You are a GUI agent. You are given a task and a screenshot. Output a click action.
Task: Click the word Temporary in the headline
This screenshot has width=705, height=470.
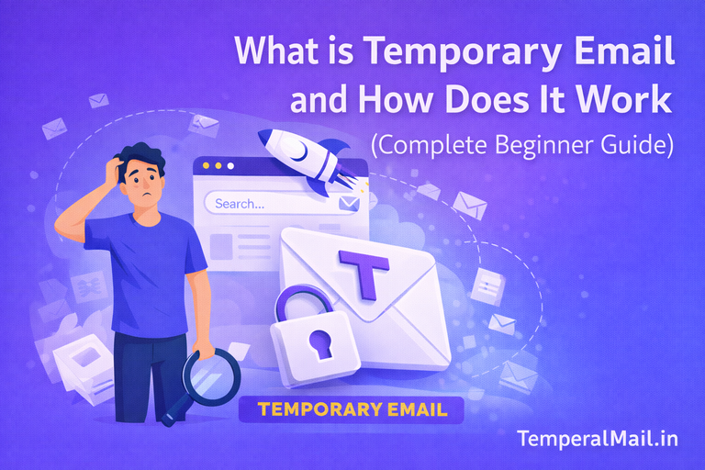coord(438,52)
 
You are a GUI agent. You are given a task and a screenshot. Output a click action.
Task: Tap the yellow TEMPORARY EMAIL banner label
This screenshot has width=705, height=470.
coord(351,408)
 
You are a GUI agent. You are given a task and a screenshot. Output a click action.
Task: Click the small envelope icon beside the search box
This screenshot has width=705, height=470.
coord(348,203)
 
